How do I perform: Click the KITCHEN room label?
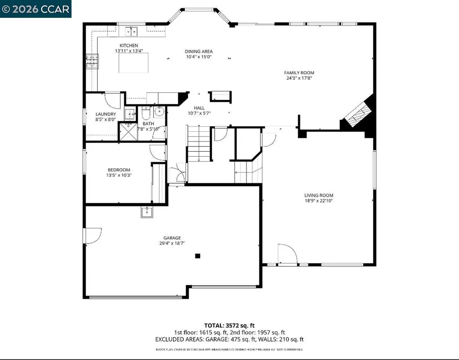[x=129, y=46]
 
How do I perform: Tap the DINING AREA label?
[x=199, y=51]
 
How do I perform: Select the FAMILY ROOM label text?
[x=299, y=73]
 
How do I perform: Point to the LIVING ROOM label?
[x=319, y=195]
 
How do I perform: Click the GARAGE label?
[x=172, y=238]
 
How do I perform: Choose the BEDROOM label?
[x=119, y=170]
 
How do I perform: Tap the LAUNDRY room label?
[x=106, y=114]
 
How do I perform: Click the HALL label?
[x=199, y=108]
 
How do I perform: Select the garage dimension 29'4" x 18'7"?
[x=172, y=243]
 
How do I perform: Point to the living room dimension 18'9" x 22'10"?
[x=319, y=201]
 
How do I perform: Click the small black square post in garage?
[x=197, y=256]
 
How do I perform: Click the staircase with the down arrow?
[x=199, y=144]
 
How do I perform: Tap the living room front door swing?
[x=287, y=254]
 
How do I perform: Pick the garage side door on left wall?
[x=92, y=236]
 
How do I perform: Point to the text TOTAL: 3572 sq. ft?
[x=229, y=326]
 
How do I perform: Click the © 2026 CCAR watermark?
[x=35, y=9]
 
